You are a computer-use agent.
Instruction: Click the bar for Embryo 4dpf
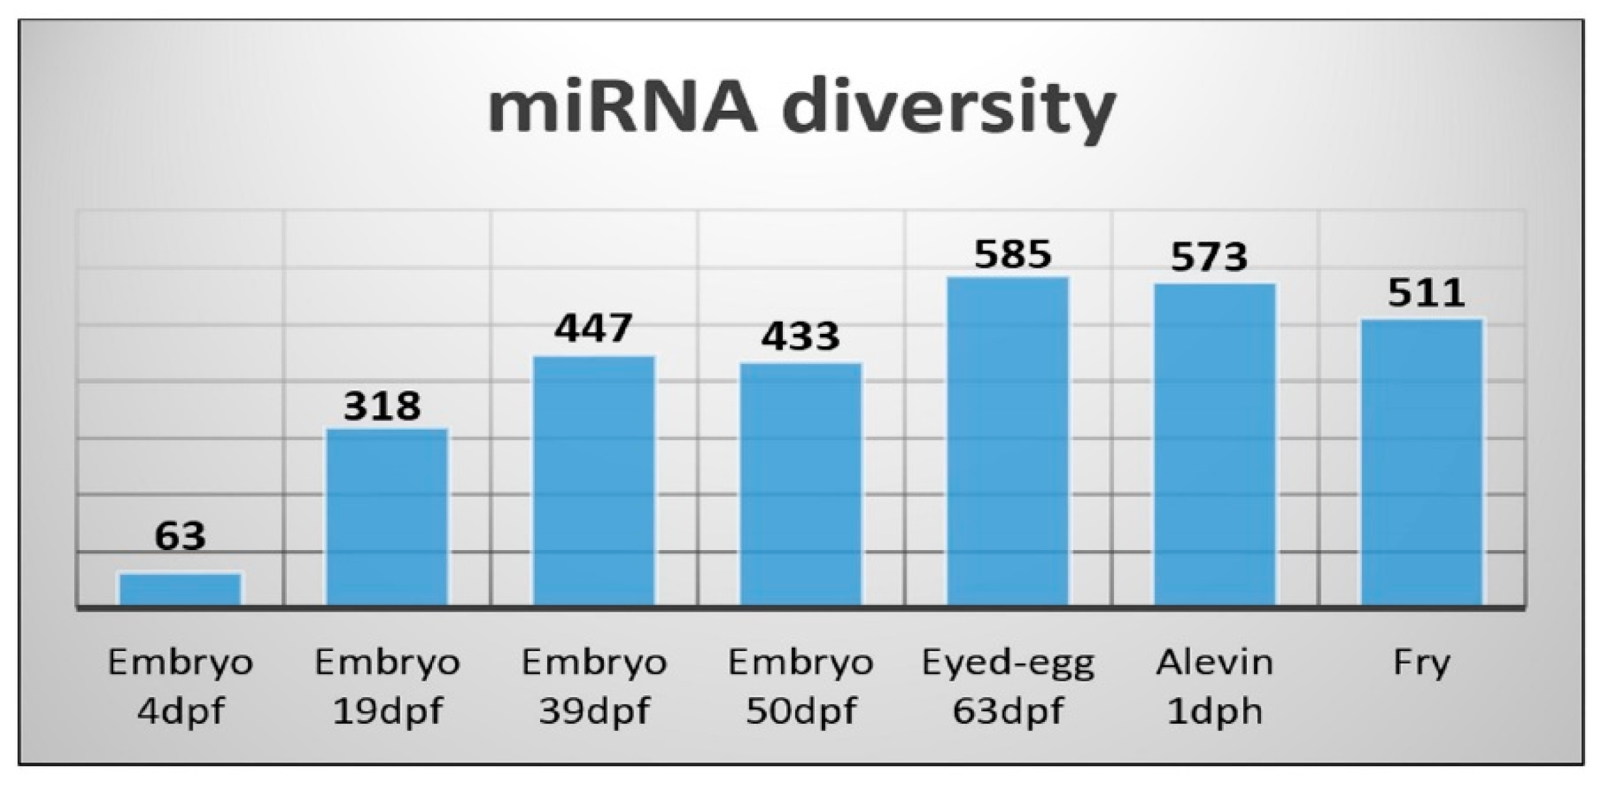[x=180, y=589]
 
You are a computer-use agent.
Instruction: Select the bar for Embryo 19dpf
[x=387, y=517]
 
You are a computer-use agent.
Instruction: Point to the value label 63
[x=180, y=536]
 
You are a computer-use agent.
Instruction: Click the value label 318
[x=382, y=406]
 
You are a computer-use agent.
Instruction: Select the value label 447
[x=593, y=328]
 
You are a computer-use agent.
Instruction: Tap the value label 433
[x=800, y=337]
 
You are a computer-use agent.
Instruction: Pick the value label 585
[x=1012, y=255]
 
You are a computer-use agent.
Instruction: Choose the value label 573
[x=1209, y=257]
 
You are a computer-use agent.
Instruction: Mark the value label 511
[x=1426, y=294]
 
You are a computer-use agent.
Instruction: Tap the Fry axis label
[x=1422, y=663]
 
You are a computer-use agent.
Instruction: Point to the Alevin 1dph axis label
[x=1215, y=687]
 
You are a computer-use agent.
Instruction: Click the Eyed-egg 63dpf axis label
[x=1008, y=687]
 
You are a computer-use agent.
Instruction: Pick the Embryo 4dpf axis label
[x=180, y=687]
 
